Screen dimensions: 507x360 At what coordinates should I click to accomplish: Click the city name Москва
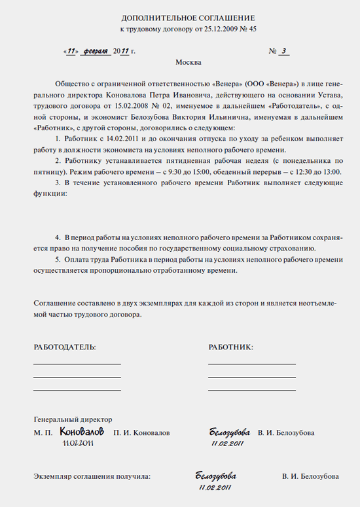[189, 63]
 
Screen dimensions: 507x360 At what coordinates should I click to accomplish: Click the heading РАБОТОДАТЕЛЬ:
[65, 347]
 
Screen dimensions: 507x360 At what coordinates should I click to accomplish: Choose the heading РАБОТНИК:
[230, 347]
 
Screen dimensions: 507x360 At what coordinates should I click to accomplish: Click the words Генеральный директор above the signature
[73, 419]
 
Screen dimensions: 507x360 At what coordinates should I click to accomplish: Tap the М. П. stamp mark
[43, 433]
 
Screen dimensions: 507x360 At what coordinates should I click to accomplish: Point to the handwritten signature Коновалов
[82, 432]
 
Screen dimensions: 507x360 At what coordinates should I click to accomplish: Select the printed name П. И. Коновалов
[141, 433]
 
